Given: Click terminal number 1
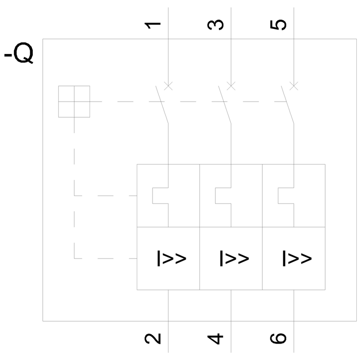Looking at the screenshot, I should [x=153, y=25].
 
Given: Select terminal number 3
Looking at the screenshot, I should [x=216, y=25].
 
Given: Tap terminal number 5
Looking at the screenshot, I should [x=279, y=25].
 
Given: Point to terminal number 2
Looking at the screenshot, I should [x=153, y=338].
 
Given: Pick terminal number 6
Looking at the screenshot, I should [x=279, y=338].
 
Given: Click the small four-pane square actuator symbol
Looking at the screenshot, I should [x=74, y=102].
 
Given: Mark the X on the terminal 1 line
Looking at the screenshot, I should [x=168, y=86].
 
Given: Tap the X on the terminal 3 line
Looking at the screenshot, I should [x=231, y=86].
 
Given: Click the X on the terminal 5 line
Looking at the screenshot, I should [x=294, y=86].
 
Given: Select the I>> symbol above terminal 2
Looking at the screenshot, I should [x=171, y=258].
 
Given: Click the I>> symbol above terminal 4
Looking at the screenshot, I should [x=234, y=258].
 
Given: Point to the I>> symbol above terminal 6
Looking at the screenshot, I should [x=297, y=258].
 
